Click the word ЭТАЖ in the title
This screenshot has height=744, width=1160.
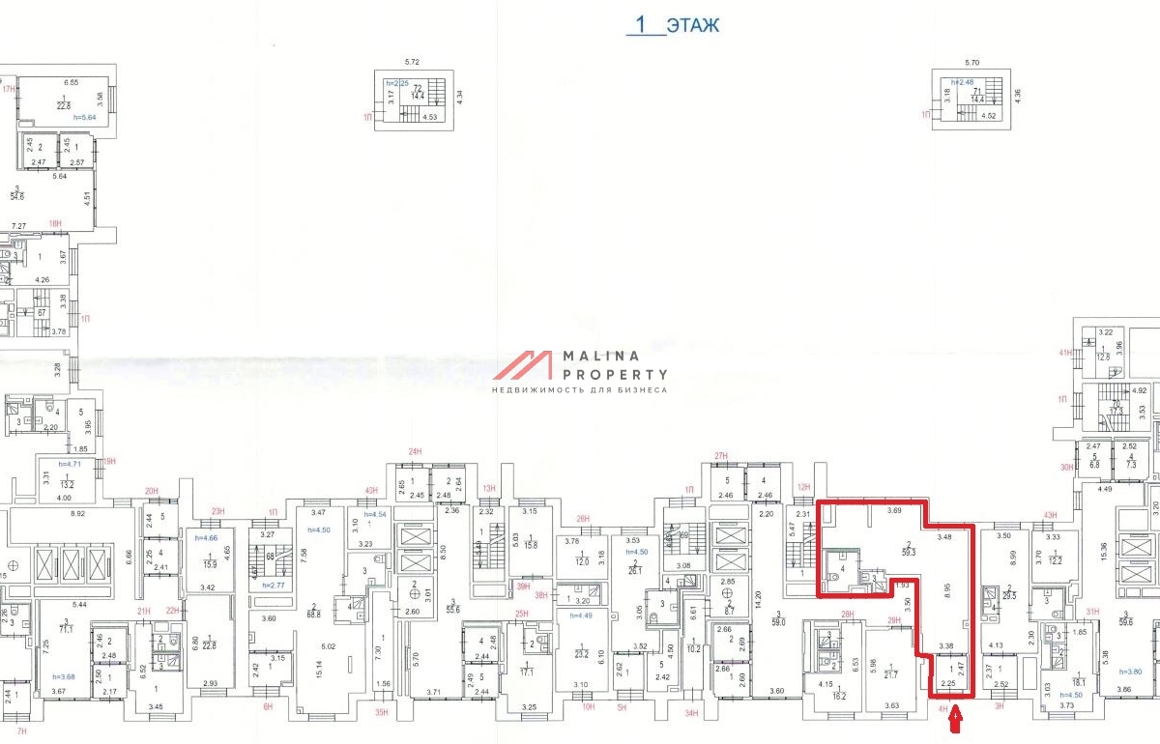[692, 25]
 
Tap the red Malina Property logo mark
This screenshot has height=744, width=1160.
[525, 366]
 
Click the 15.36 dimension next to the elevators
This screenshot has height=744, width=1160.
[1103, 554]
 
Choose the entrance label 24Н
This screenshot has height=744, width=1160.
[416, 452]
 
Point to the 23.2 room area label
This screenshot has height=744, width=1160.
[581, 654]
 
